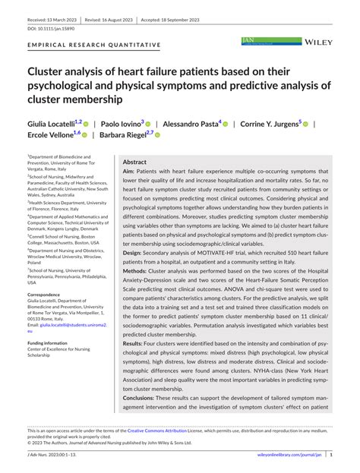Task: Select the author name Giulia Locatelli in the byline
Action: click(x=51, y=123)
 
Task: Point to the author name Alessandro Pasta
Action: click(x=191, y=123)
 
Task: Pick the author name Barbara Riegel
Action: click(x=122, y=136)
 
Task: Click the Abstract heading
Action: click(x=134, y=162)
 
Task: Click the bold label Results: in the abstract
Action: click(x=134, y=344)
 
